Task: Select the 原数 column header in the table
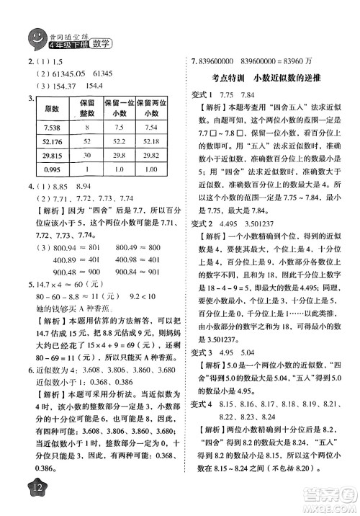[x=51, y=107]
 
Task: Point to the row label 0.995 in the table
[x=51, y=169]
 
